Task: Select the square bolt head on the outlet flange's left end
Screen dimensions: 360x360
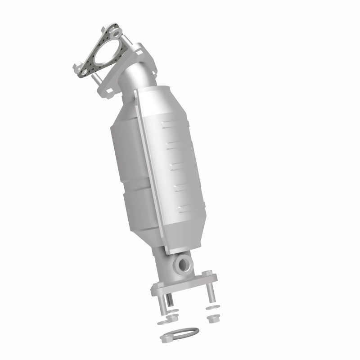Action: click(x=159, y=284)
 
